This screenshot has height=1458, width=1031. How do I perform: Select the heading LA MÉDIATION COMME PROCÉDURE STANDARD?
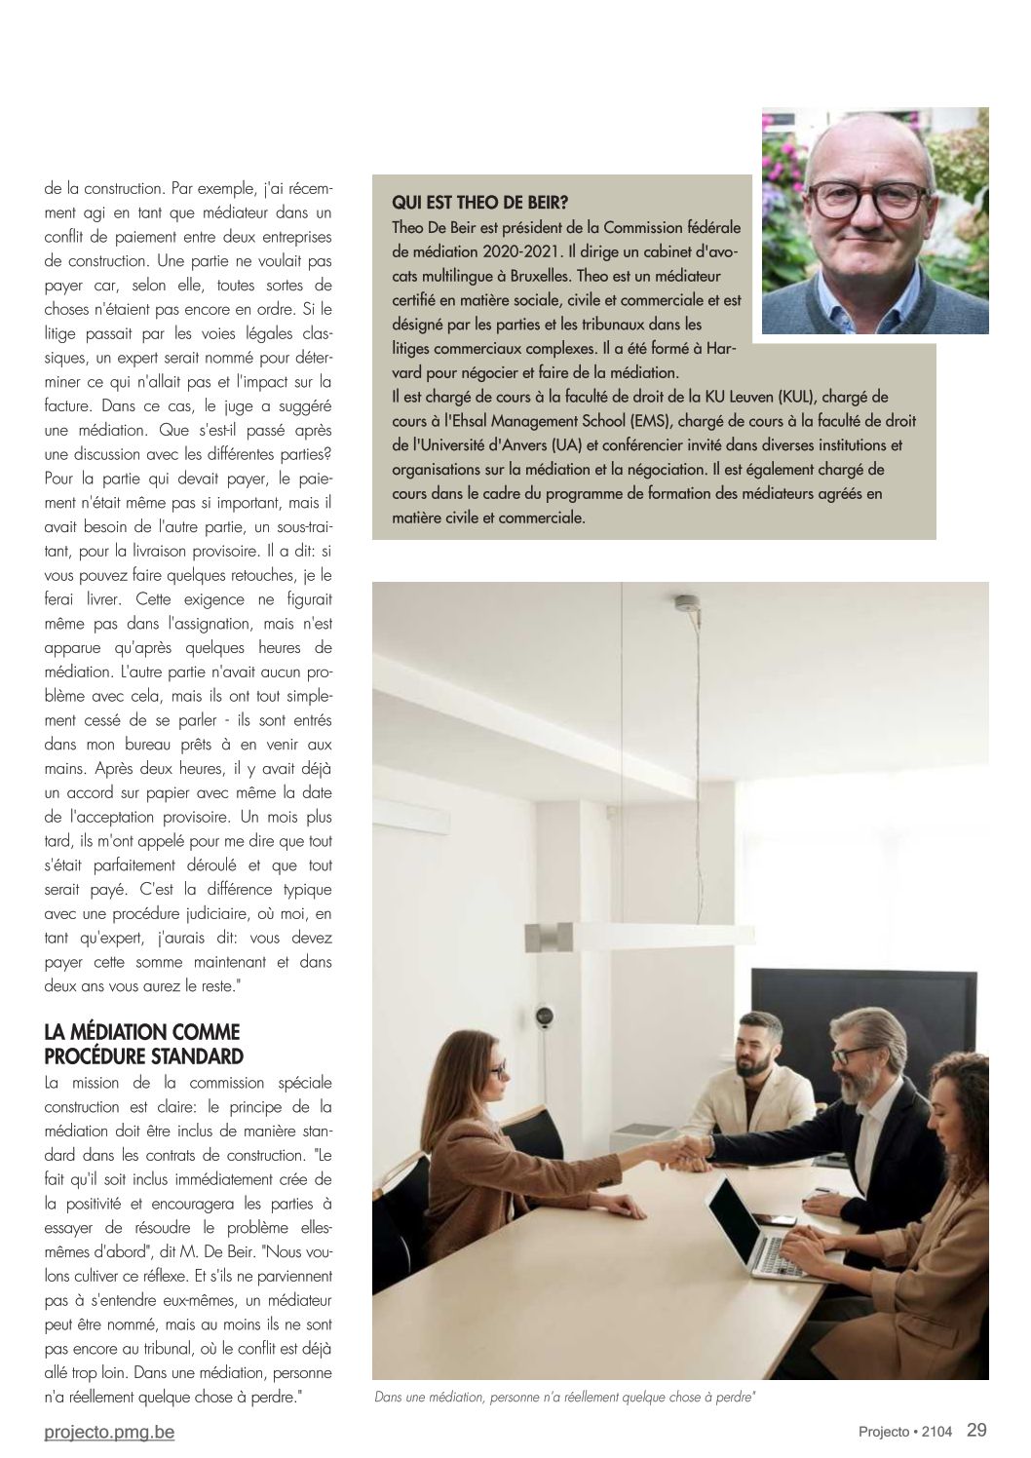[x=142, y=1044]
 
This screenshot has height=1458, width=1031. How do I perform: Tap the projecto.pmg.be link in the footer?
[x=109, y=1432]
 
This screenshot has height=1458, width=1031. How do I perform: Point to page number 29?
[x=976, y=1431]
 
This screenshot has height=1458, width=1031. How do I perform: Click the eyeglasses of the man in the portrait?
[x=858, y=201]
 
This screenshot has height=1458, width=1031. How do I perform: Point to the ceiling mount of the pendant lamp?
[x=687, y=601]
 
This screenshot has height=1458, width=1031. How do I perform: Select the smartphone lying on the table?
[x=777, y=1219]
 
